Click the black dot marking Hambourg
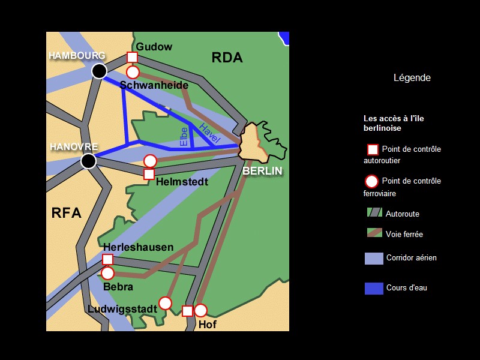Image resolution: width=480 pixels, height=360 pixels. pos(99,71)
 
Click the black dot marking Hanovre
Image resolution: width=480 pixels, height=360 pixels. pos(88,161)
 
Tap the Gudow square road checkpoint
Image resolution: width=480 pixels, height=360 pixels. pos(133,57)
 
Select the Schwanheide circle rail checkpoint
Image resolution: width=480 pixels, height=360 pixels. pos(133,72)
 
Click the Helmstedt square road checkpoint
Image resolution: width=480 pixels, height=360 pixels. pos(149,174)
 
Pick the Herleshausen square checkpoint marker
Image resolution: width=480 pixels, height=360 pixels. pos(107,259)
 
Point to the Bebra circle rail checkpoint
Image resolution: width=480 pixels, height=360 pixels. pos(107,273)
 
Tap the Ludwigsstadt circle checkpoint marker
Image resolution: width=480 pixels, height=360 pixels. pos(165,303)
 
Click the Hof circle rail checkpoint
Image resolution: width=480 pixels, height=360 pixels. pos(200,310)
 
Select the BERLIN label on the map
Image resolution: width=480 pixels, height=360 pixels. pos(262,171)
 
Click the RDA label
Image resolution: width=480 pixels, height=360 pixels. pos(227,58)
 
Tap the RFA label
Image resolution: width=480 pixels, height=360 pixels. pos(66,212)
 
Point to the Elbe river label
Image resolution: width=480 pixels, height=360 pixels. pos(184,136)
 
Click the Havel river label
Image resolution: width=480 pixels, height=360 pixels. pos(210,133)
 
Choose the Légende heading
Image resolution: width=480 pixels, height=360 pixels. pos(412,78)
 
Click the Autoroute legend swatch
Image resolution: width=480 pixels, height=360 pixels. pos(374,212)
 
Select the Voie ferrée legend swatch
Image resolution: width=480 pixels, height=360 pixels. pos(374,233)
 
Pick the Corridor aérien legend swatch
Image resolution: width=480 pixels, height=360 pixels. pos(374,258)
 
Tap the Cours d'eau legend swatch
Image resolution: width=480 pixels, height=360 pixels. pos(374,288)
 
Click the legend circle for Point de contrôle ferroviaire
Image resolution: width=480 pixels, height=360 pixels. pos(372,181)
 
